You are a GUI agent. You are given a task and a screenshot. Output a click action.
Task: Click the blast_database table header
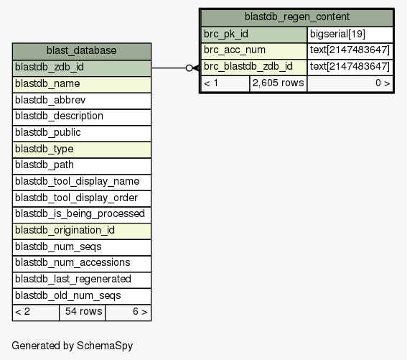pyautogui.click(x=82, y=52)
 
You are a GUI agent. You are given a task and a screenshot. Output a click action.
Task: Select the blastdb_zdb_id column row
pyautogui.click(x=82, y=68)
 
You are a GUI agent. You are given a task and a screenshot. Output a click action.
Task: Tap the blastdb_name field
pyautogui.click(x=82, y=85)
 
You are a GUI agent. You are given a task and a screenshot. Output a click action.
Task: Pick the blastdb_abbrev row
pyautogui.click(x=82, y=101)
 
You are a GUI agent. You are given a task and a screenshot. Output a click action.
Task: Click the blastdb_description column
pyautogui.click(x=82, y=117)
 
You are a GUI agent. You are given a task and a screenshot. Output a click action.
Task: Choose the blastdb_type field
pyautogui.click(x=82, y=149)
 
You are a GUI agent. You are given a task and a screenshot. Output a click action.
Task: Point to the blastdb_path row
pyautogui.click(x=82, y=166)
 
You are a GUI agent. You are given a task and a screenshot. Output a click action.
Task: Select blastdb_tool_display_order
pyautogui.click(x=82, y=198)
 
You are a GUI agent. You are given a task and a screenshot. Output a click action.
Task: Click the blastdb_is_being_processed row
pyautogui.click(x=82, y=215)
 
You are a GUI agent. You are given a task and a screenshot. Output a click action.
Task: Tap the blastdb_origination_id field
pyautogui.click(x=82, y=231)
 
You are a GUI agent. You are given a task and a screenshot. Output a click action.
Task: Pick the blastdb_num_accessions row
pyautogui.click(x=82, y=264)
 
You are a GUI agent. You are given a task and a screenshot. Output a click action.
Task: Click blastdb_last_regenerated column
pyautogui.click(x=82, y=280)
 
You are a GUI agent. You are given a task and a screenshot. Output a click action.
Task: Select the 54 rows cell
pyautogui.click(x=83, y=313)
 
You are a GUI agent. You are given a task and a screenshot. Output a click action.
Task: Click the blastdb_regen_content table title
pyautogui.click(x=297, y=18)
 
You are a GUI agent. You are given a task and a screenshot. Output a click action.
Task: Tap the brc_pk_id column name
pyautogui.click(x=254, y=34)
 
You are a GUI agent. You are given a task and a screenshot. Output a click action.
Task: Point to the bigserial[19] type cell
pyautogui.click(x=350, y=34)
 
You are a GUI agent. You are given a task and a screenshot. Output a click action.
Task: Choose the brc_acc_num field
pyautogui.click(x=254, y=51)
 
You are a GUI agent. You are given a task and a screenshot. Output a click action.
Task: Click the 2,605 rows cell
pyautogui.click(x=279, y=83)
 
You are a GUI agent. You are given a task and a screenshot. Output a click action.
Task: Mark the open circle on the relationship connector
pyautogui.click(x=190, y=68)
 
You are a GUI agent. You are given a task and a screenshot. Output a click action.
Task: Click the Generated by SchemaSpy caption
pyautogui.click(x=72, y=346)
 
